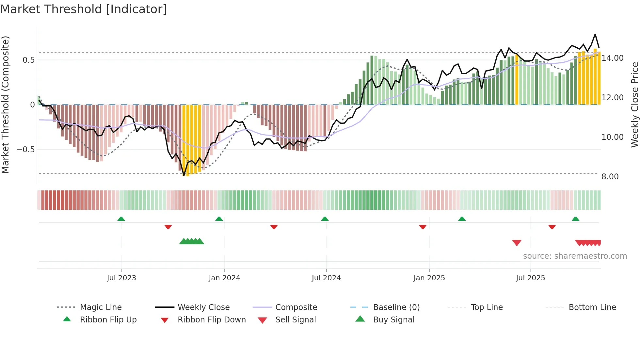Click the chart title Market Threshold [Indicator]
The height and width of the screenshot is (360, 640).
(x=84, y=9)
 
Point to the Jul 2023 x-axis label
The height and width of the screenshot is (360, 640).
(x=121, y=278)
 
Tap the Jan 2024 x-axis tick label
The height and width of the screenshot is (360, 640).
(x=224, y=278)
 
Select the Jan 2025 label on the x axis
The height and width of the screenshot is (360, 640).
(x=429, y=278)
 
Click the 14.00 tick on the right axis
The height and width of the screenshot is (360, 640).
(x=612, y=58)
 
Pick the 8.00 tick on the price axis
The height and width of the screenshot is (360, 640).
(x=610, y=177)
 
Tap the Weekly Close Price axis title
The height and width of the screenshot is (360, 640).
(x=634, y=105)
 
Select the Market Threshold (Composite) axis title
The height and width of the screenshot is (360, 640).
(x=6, y=105)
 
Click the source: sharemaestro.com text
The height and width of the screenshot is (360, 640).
(x=575, y=256)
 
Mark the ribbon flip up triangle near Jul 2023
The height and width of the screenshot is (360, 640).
(x=121, y=219)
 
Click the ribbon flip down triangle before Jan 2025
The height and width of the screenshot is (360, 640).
(x=423, y=227)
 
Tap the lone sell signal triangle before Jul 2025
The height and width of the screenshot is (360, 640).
(x=517, y=243)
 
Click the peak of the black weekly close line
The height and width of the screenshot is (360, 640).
(x=595, y=34)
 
